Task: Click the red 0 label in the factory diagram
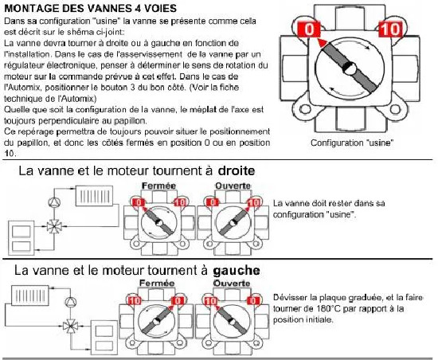309,29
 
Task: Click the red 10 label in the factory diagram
390,29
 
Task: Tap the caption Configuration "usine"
352,143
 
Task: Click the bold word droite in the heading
237,170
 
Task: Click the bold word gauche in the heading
237,270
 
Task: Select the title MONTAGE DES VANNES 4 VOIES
91,8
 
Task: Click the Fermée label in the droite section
159,186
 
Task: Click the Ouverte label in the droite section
233,186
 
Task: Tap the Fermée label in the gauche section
157,284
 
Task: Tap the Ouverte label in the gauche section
232,284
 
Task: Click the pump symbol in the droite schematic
54,202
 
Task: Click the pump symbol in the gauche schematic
71,302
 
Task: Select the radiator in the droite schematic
95,196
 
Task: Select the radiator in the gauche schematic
30,295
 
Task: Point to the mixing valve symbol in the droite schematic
54,226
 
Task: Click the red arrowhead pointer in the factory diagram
322,43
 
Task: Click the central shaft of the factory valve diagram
349,68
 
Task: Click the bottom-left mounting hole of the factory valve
305,109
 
